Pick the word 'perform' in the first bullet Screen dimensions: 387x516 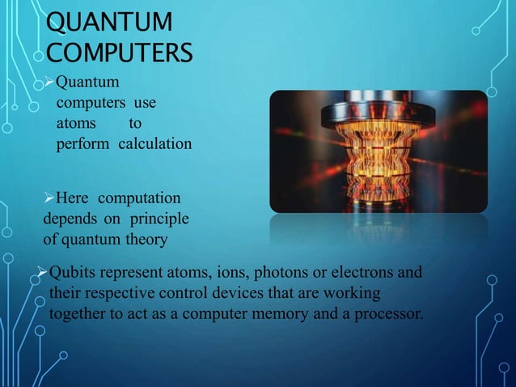(80, 145)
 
